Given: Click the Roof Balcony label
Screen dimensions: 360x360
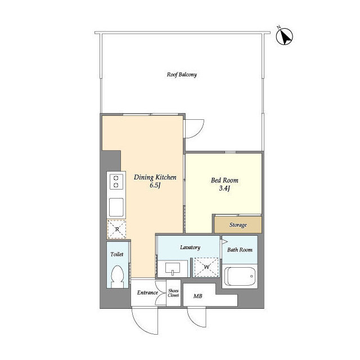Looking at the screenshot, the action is (182, 75).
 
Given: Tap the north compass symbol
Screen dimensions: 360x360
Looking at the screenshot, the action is (285, 36).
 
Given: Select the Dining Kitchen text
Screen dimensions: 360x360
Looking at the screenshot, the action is (155, 177).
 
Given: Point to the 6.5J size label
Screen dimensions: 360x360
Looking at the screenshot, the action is (155, 185).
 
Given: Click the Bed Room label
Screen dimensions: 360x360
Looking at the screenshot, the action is (224, 180).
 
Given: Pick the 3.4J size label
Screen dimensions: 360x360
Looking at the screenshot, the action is (224, 188).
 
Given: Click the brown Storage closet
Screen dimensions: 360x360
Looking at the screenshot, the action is (238, 224).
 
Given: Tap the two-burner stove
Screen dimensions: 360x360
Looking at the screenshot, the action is (116, 182).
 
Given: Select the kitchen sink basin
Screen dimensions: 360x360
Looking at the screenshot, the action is (116, 207).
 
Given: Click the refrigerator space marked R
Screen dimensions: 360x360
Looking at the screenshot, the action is (116, 229).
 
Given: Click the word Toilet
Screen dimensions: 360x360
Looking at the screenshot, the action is (117, 254).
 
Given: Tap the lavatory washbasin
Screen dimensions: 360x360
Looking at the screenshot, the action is (173, 269).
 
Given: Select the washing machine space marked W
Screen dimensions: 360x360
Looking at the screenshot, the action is (206, 267).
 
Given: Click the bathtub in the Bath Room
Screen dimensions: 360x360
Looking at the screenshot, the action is (240, 276).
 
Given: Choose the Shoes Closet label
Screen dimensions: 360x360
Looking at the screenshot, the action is (173, 293).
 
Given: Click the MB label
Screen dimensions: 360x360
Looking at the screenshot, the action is (197, 296).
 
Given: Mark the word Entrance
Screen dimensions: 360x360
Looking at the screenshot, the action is (147, 292).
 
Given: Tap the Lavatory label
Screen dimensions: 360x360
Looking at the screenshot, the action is (190, 247).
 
